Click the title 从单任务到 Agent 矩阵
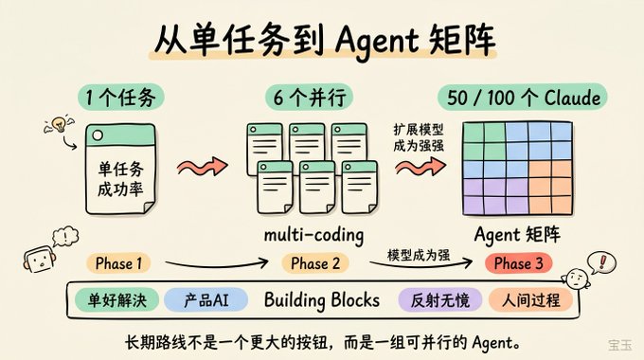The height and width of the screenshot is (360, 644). tap(325, 42)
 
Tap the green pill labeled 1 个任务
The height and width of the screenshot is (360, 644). tap(121, 98)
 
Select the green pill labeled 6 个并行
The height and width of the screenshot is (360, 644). tap(310, 98)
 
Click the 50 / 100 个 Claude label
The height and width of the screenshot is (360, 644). tap(523, 98)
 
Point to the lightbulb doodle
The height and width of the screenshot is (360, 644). tap(60, 124)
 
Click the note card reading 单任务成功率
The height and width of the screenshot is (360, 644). tap(120, 170)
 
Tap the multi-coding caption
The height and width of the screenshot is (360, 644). tap(313, 236)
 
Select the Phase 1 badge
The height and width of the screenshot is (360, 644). tap(118, 263)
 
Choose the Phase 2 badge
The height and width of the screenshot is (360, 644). tap(315, 263)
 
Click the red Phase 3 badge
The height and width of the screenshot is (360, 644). tap(518, 263)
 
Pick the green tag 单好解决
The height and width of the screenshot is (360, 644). tap(117, 300)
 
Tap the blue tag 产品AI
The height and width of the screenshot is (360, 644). tap(206, 300)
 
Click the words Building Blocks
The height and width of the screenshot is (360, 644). tap(322, 300)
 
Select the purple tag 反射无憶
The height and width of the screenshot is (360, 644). tap(439, 300)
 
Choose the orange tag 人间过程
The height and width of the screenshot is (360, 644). tap(530, 300)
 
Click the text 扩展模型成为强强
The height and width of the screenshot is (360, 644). tap(419, 137)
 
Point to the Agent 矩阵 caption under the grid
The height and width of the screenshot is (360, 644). tap(517, 235)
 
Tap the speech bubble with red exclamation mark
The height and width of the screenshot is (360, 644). tap(601, 262)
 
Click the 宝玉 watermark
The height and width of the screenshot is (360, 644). tap(620, 345)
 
